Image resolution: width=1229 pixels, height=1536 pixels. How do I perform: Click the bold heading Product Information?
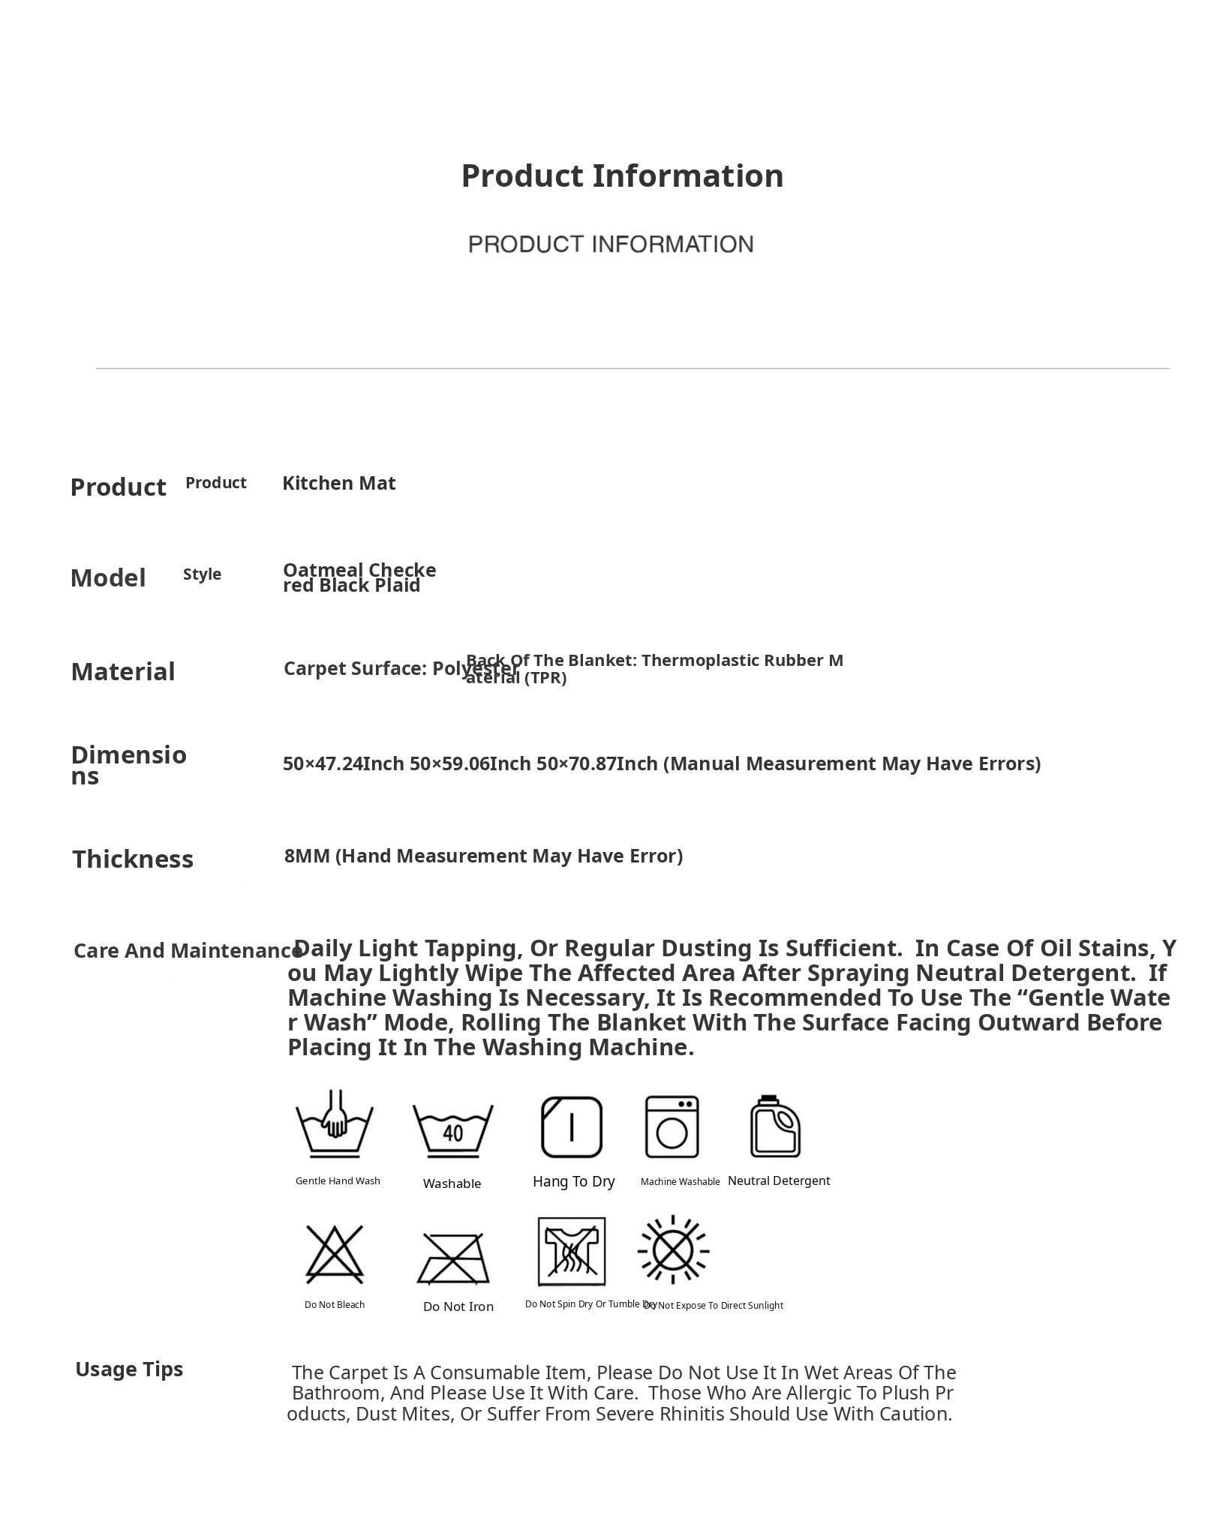tap(622, 176)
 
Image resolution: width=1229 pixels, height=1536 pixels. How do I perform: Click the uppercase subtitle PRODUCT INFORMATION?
tap(611, 244)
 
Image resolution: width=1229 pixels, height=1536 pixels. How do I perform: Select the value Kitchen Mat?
tap(338, 483)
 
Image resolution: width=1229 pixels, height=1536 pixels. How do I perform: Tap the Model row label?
tap(108, 578)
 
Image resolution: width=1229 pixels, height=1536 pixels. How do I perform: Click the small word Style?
tap(202, 574)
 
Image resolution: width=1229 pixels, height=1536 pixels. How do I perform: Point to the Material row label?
tap(123, 672)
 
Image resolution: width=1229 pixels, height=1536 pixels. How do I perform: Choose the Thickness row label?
tap(133, 859)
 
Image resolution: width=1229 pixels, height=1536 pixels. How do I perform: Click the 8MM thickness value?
tap(483, 856)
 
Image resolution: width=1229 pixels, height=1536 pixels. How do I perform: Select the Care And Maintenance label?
tap(188, 951)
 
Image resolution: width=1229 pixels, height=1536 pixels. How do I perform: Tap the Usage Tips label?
tap(129, 1369)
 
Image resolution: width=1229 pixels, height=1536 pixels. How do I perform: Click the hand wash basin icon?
tap(335, 1124)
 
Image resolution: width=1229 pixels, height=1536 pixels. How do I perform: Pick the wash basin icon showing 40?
tap(452, 1130)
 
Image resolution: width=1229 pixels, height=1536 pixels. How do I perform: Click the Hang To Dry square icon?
tap(572, 1127)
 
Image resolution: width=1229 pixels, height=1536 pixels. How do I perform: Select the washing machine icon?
tap(672, 1127)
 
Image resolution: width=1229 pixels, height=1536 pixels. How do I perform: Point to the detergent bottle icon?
tap(775, 1127)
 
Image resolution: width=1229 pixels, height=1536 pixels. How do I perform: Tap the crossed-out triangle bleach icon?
tap(335, 1255)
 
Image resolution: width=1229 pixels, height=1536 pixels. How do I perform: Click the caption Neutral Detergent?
tap(779, 1181)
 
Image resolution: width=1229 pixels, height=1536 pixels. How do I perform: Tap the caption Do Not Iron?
tap(458, 1307)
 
